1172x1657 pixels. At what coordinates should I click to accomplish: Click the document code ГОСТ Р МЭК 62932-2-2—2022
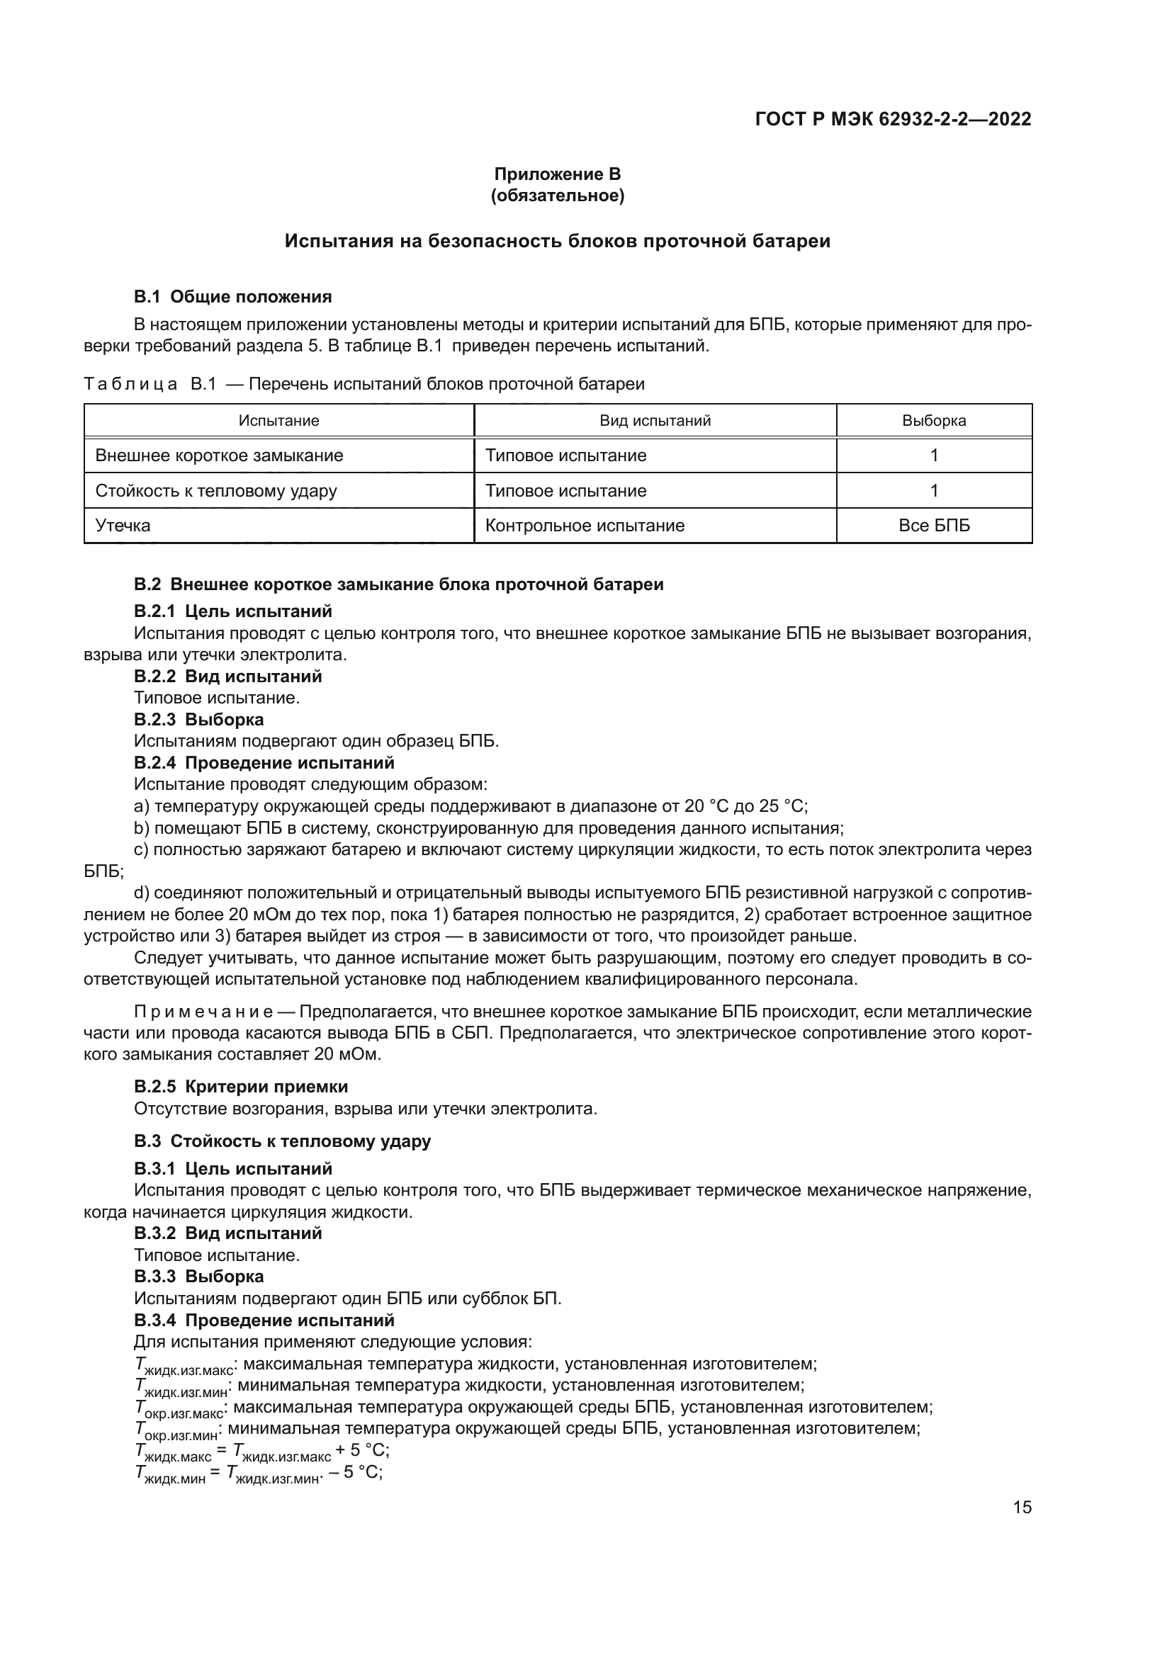[x=893, y=119]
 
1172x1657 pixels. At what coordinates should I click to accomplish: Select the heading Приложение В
[x=557, y=174]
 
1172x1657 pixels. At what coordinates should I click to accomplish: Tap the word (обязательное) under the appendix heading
[x=557, y=196]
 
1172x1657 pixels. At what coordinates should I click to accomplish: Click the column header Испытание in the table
[x=278, y=421]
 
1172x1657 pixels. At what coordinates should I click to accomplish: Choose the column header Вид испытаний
[x=655, y=421]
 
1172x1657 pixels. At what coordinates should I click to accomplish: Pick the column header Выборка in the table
[x=934, y=421]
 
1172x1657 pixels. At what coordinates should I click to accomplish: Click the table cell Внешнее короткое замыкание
[x=220, y=456]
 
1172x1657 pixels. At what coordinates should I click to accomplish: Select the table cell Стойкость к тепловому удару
[x=216, y=491]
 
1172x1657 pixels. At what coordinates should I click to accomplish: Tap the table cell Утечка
[x=123, y=526]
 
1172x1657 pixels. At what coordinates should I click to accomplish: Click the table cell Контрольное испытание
[x=585, y=526]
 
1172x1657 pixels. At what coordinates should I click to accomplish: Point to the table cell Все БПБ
[x=934, y=526]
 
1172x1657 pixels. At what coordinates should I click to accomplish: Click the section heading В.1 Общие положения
[x=232, y=297]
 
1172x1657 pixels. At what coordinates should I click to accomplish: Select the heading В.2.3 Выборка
[x=198, y=720]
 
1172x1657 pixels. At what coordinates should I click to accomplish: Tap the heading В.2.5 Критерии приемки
[x=241, y=1087]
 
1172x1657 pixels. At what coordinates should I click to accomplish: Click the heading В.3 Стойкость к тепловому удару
[x=282, y=1141]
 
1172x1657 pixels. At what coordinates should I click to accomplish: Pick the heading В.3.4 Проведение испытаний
[x=264, y=1320]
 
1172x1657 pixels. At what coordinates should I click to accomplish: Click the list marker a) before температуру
[x=142, y=806]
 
